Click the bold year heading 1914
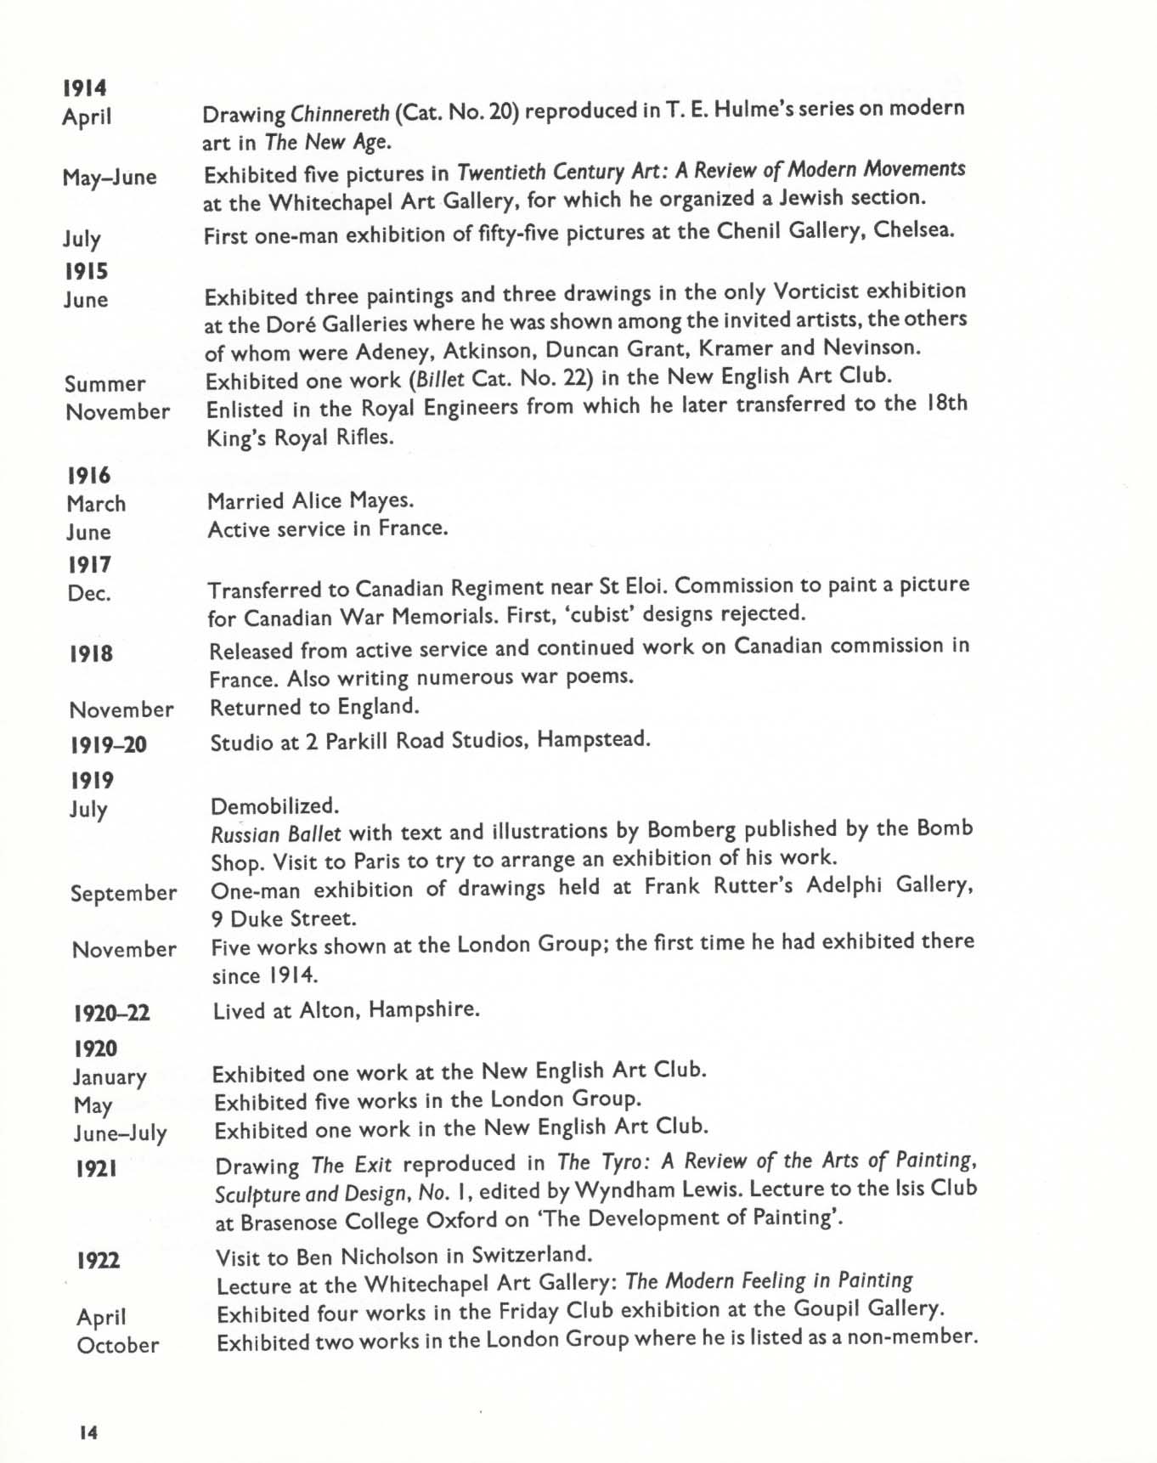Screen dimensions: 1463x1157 [x=84, y=88]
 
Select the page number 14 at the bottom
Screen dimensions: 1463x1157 [x=87, y=1432]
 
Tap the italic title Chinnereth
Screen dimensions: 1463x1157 [x=340, y=112]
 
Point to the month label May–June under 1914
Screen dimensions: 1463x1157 [x=110, y=178]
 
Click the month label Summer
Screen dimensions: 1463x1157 [x=104, y=384]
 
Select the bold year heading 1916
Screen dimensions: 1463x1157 [x=88, y=476]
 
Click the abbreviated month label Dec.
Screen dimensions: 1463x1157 [x=89, y=593]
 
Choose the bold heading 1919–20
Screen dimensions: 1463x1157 [x=108, y=745]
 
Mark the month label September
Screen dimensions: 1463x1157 [x=124, y=894]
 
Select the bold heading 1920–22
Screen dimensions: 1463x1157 [x=112, y=1013]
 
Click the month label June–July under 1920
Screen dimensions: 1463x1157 [x=120, y=1133]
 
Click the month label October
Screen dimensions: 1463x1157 [x=118, y=1345]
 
